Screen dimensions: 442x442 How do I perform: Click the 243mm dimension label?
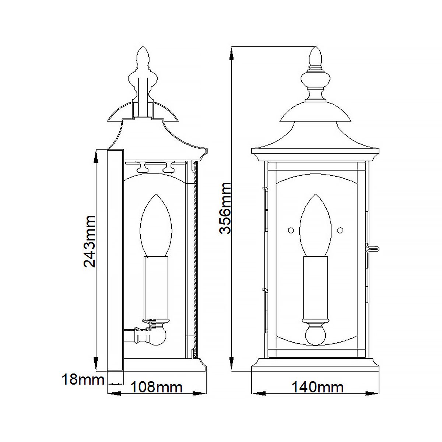pyautogui.click(x=90, y=241)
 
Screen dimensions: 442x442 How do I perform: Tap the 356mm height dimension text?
pyautogui.click(x=225, y=208)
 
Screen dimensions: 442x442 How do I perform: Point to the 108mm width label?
pyautogui.click(x=157, y=387)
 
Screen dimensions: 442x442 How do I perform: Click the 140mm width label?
pyautogui.click(x=318, y=387)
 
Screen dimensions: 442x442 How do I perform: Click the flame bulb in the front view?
pyautogui.click(x=315, y=225)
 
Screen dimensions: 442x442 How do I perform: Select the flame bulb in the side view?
pyautogui.click(x=155, y=225)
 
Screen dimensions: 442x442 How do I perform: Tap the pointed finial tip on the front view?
pyautogui.click(x=315, y=55)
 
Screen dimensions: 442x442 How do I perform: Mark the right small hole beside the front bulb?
pyautogui.click(x=340, y=230)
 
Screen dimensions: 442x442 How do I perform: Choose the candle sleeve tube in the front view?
pyautogui.click(x=315, y=287)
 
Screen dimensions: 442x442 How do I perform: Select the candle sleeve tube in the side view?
pyautogui.click(x=155, y=287)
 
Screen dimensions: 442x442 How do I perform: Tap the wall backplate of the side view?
pyautogui.click(x=115, y=260)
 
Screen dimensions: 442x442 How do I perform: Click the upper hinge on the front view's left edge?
pyautogui.click(x=264, y=189)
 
